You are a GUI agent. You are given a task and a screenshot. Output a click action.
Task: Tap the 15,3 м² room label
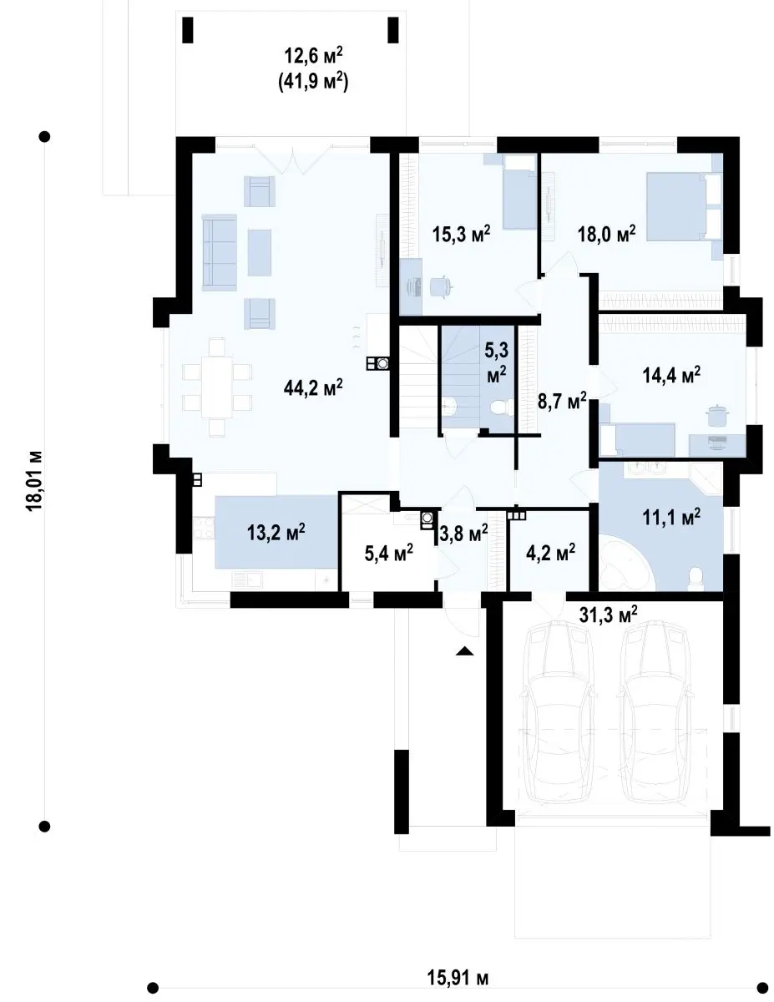pyautogui.click(x=461, y=234)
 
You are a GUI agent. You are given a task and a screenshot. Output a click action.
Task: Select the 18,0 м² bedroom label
pyautogui.click(x=607, y=234)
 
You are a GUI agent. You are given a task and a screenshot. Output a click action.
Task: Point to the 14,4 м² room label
pyautogui.click(x=671, y=375)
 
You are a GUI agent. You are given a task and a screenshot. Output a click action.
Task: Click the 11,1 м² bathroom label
pyautogui.click(x=671, y=518)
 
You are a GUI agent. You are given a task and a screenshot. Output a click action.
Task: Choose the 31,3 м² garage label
pyautogui.click(x=608, y=615)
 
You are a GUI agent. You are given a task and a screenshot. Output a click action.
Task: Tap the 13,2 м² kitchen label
pyautogui.click(x=276, y=533)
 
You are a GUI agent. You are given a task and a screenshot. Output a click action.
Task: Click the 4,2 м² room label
pyautogui.click(x=550, y=551)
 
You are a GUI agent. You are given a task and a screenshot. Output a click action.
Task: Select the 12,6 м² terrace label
pyautogui.click(x=313, y=56)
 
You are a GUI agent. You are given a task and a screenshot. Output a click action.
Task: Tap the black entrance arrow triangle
pyautogui.click(x=465, y=650)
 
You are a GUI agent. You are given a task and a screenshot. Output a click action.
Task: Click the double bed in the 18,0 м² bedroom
pyautogui.click(x=684, y=206)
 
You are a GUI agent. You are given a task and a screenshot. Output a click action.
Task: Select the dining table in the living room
pyautogui.click(x=216, y=387)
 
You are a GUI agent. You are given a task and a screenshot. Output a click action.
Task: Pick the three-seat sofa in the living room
pyautogui.click(x=219, y=252)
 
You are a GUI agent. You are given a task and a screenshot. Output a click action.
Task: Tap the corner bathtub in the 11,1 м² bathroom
pyautogui.click(x=626, y=562)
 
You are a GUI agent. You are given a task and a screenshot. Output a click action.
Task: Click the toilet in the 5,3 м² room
pyautogui.click(x=499, y=408)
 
